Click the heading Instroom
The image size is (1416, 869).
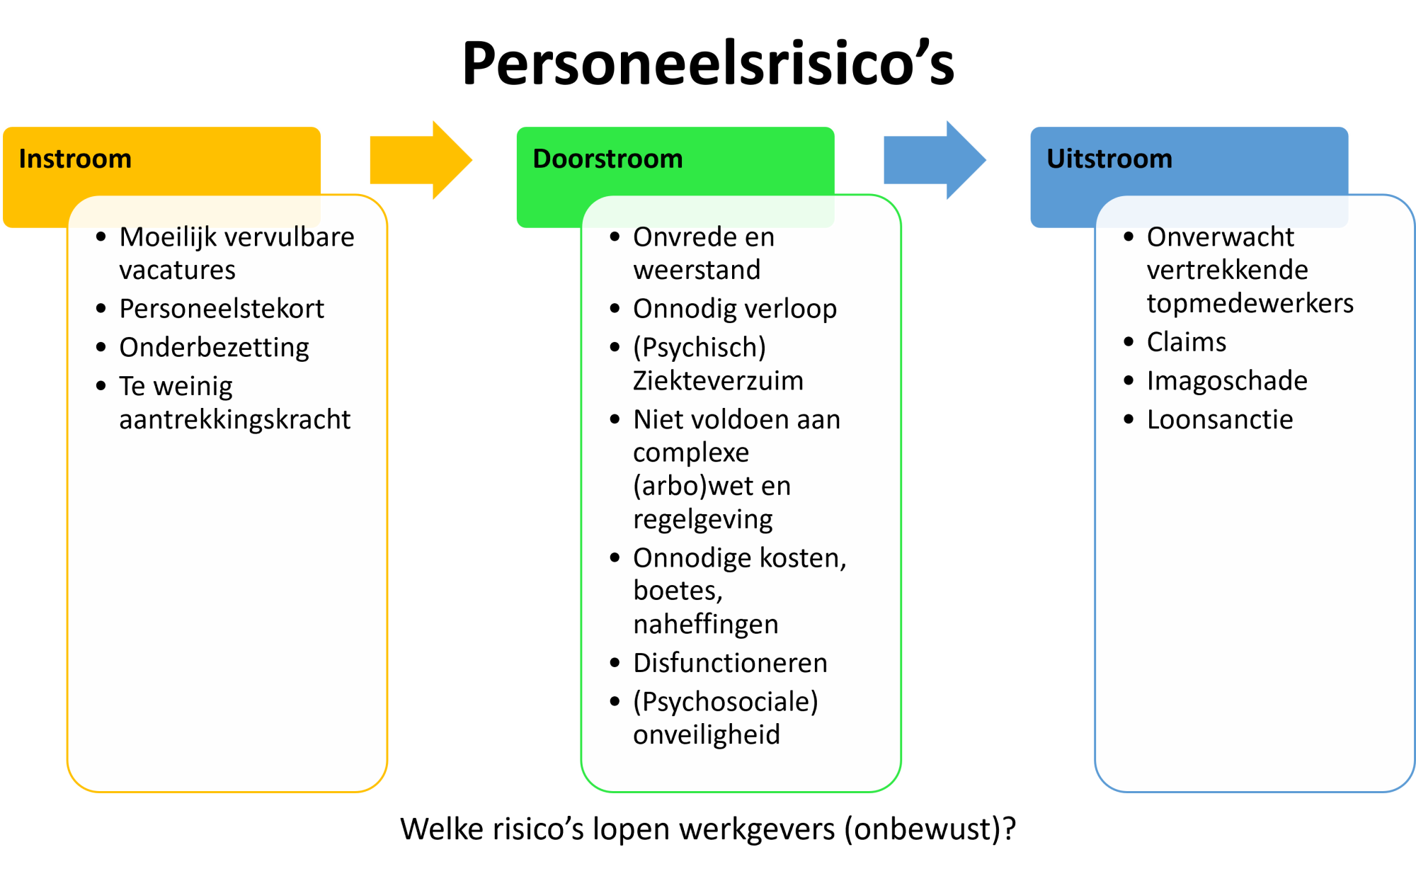coord(75,159)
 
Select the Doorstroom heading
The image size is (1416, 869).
coord(607,159)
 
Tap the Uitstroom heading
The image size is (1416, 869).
coord(1109,159)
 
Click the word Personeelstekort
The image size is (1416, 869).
coord(222,309)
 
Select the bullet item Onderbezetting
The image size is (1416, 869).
coord(214,348)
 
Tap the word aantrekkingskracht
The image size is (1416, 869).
coord(234,419)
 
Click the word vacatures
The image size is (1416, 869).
coord(177,270)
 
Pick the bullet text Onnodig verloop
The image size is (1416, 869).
coord(735,309)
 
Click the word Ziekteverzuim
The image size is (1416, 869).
coord(718,381)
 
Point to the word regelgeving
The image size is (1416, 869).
coord(702,519)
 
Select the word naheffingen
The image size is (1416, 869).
coord(705,624)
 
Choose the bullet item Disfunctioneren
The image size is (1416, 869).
coord(730,663)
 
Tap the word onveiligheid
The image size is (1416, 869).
coord(706,734)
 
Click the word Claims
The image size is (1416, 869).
coord(1187,342)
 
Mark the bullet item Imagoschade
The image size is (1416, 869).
coord(1227,381)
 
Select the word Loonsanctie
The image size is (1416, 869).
coord(1220,419)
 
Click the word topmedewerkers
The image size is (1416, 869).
coord(1250,303)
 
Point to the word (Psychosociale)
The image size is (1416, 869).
coord(725,702)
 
